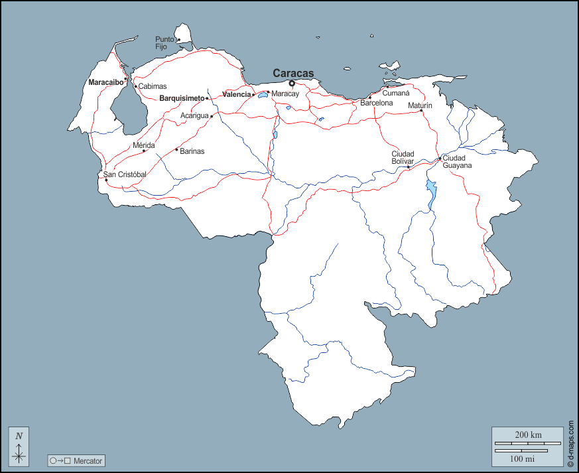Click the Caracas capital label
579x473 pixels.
(293, 73)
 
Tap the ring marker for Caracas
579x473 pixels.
(292, 83)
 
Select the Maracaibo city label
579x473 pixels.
(105, 82)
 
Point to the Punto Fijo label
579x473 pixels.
(165, 43)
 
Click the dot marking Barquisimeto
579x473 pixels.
(207, 98)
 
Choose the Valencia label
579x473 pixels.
(236, 94)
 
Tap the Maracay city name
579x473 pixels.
(285, 94)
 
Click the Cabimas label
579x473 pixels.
(153, 86)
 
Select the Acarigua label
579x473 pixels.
(194, 115)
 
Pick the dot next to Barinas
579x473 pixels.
(176, 149)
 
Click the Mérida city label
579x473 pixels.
(144, 145)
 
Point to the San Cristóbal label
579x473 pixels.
(125, 174)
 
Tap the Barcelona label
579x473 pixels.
(377, 103)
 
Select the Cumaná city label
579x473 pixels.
(396, 94)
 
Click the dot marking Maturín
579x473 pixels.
(421, 110)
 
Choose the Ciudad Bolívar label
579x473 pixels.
(403, 157)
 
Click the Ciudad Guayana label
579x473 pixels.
(457, 161)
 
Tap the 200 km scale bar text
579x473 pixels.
(528, 435)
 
